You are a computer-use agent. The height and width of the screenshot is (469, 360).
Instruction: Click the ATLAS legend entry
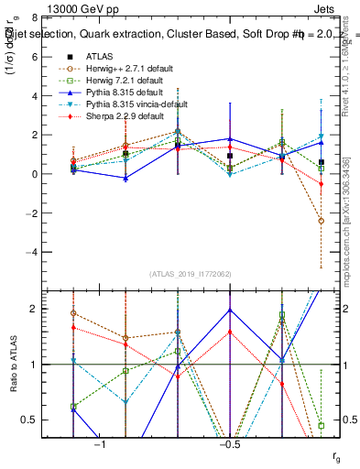click(101, 56)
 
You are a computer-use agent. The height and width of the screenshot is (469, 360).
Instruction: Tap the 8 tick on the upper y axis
click(34, 18)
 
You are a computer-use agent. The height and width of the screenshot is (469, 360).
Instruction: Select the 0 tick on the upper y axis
click(34, 174)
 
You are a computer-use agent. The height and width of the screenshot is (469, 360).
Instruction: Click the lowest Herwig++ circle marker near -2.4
click(321, 221)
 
